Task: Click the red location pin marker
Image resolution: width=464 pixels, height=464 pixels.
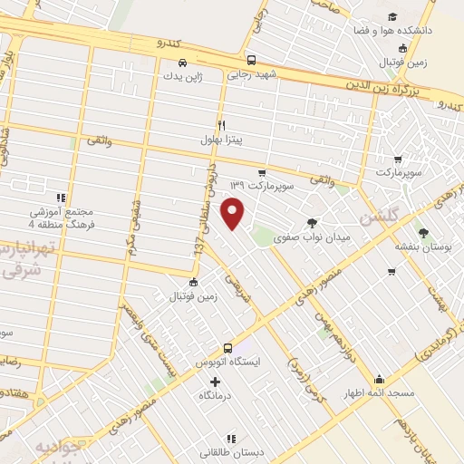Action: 234,212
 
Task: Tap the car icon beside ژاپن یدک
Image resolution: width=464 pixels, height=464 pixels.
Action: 182,63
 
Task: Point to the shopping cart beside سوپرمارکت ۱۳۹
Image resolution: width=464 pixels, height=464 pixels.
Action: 262,172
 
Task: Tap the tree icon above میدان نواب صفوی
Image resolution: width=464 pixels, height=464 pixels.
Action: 312,223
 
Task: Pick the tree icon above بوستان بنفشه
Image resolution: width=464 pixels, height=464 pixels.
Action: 401,230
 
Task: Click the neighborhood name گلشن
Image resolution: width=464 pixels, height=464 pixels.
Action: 379,217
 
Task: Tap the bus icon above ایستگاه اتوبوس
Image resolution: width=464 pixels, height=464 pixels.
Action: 227,347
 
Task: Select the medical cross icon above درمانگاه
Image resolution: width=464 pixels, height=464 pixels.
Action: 214,382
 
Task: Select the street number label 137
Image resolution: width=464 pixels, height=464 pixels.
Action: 195,263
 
